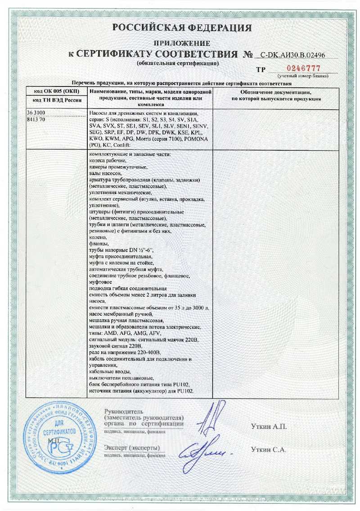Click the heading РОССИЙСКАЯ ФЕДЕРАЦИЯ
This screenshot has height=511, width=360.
click(181, 28)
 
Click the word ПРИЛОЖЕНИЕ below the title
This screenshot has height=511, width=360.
click(182, 44)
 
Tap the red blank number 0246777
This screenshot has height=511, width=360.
click(303, 68)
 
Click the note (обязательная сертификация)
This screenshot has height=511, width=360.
click(178, 63)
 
